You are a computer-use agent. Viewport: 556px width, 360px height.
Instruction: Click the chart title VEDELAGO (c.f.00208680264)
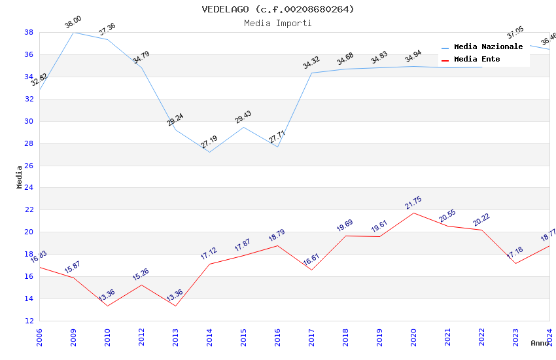(278, 9)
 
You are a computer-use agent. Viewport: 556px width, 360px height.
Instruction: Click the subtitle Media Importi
(278, 24)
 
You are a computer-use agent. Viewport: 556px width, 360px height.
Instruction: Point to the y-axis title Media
(20, 177)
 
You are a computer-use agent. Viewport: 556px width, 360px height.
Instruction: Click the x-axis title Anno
(540, 343)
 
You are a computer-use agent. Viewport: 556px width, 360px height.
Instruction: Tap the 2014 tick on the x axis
(209, 336)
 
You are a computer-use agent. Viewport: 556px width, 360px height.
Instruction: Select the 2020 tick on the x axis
(413, 336)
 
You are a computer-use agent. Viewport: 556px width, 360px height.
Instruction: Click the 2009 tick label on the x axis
(73, 336)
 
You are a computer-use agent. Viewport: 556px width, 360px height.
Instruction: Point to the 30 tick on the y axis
(29, 121)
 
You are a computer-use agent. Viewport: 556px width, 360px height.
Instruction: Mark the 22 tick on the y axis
(29, 210)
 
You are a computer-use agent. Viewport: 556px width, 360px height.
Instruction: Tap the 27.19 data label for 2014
(209, 142)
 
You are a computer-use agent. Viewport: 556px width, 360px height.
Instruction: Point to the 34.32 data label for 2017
(311, 63)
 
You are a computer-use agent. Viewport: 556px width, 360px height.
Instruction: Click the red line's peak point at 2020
(413, 213)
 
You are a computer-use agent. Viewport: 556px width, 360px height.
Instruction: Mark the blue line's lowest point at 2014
(209, 153)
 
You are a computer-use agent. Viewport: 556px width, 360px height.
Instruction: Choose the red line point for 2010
(107, 306)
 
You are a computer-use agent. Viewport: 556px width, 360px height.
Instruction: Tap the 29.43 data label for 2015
(243, 117)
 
